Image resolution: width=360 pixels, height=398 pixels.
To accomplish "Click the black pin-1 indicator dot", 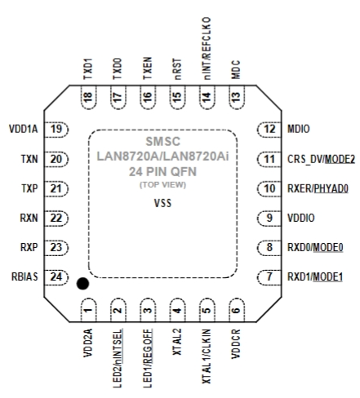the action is [82, 284].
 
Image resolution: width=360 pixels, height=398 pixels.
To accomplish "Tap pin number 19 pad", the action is [56, 129].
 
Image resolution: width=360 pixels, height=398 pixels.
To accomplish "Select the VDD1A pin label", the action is [24, 129].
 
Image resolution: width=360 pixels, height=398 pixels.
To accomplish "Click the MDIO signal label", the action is [299, 129].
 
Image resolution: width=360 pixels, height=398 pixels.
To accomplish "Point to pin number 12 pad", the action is [269, 129].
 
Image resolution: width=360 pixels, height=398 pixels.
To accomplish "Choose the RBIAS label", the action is [24, 276].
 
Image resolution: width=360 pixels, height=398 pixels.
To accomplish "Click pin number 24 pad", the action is [56, 277].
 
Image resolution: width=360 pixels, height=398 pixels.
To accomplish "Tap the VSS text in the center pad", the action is [162, 203].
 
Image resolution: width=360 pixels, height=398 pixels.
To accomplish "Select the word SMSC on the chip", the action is [162, 141].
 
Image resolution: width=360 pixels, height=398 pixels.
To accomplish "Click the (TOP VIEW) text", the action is [162, 185].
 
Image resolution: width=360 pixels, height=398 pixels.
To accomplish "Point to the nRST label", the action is [177, 69].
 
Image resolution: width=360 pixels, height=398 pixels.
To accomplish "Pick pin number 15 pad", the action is [177, 97].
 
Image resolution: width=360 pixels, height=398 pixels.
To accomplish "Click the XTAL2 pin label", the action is [177, 342].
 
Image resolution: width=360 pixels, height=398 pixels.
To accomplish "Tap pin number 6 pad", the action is [237, 310].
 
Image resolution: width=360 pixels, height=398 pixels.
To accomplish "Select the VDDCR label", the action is [236, 344].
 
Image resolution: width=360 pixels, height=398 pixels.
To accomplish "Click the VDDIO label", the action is [301, 218].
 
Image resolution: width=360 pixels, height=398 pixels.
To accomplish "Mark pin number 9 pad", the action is [269, 218].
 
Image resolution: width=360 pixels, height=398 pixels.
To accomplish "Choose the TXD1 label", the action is [88, 69].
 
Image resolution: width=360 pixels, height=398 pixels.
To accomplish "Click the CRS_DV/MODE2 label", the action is [321, 159].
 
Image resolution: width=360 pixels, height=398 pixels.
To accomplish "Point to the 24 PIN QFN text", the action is [162, 171].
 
